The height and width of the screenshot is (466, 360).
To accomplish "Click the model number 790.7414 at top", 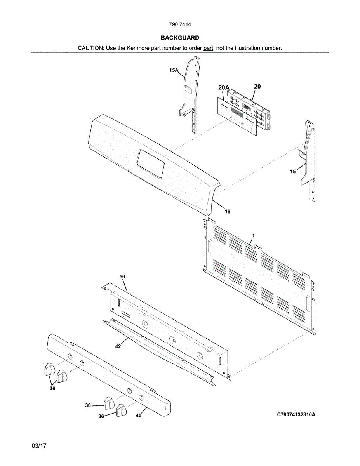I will [x=180, y=24].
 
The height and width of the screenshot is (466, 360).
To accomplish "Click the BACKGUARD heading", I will [x=180, y=38].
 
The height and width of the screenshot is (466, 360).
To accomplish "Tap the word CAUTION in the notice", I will [x=90, y=48].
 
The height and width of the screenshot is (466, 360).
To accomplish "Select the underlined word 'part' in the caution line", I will [x=209, y=48].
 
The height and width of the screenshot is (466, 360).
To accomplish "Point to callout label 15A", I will [x=173, y=70].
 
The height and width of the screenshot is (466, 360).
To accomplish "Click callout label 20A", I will [x=223, y=88].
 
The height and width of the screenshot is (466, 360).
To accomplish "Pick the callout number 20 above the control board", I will [x=257, y=86].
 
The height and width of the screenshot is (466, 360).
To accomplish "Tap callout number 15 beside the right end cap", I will [x=293, y=171].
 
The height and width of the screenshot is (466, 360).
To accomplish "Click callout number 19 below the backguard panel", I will [x=228, y=212].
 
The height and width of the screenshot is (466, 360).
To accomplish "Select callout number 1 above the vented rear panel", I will [x=253, y=236].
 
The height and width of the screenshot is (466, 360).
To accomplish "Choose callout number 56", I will [x=122, y=276].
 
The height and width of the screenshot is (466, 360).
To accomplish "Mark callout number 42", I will [x=118, y=346].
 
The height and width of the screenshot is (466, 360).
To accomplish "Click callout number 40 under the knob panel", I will [x=139, y=416].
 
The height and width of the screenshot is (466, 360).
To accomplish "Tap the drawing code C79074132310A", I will [x=296, y=415].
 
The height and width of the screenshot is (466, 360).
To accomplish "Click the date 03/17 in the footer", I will [x=39, y=446].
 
